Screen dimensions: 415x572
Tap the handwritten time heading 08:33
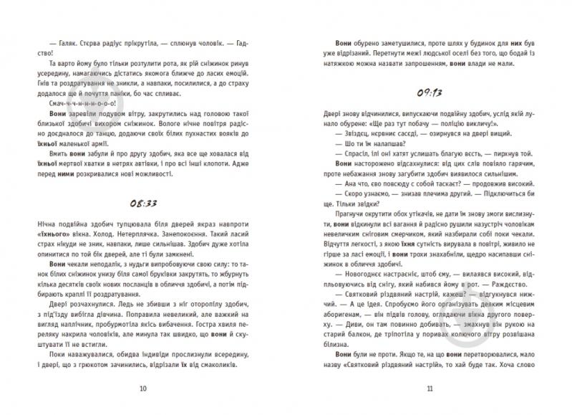pos(144,203)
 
